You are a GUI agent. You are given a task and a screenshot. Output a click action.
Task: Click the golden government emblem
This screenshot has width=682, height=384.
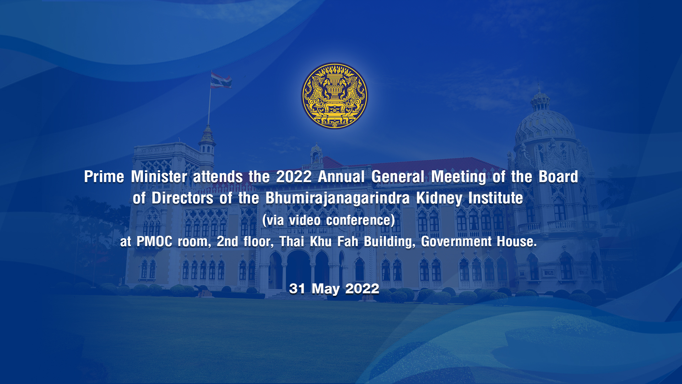coord(335,96)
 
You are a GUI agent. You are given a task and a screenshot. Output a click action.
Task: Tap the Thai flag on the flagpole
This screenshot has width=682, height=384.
coord(221,80)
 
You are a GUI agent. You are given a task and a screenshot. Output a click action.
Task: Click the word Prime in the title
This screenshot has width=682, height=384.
coord(104,177)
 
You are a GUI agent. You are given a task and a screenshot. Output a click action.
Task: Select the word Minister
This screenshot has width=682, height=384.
coord(159,177)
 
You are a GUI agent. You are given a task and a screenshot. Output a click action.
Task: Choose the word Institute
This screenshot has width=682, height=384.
coord(496,198)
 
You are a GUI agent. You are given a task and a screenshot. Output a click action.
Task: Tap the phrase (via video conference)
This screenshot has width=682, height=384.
coord(329,220)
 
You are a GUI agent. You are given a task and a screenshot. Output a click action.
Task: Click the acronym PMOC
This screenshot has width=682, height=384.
coord(155,241)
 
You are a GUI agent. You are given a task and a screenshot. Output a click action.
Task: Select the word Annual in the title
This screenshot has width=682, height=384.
coord(341,177)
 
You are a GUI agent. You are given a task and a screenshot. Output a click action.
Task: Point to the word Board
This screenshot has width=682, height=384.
coord(558,177)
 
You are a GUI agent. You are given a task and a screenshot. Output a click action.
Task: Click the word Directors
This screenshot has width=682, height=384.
coord(182,198)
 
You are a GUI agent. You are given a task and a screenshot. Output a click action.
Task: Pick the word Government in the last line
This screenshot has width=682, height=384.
coord(456,241)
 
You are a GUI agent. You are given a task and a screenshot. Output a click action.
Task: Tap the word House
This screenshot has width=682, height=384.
coord(517,241)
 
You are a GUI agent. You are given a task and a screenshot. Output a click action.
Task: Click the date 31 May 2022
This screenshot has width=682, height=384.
coord(334,289)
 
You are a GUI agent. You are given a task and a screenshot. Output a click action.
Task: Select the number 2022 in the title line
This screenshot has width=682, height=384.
coord(294,177)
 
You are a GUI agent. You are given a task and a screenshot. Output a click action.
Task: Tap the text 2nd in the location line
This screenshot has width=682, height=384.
coord(227,241)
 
